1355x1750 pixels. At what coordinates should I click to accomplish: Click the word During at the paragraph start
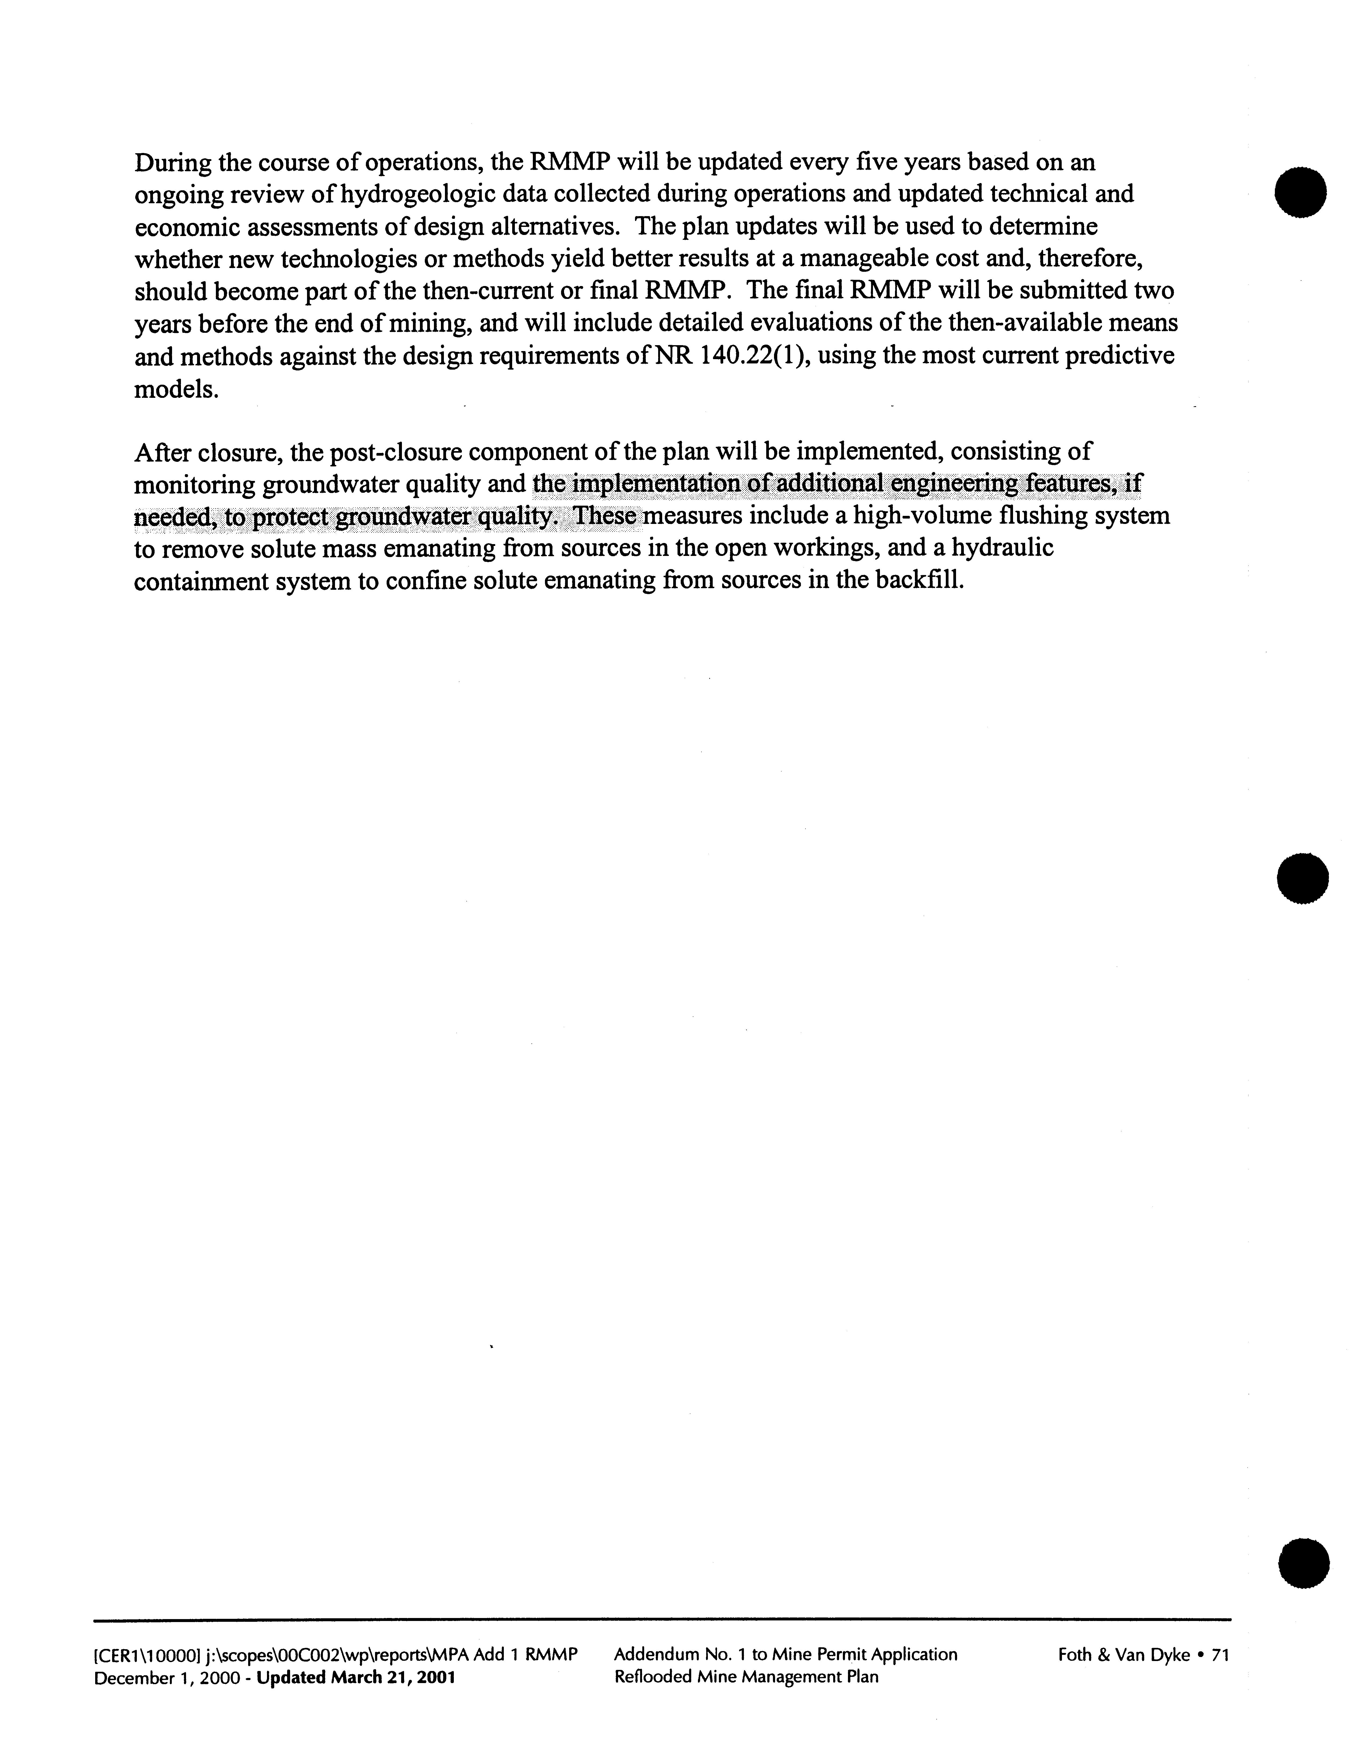[x=172, y=163]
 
